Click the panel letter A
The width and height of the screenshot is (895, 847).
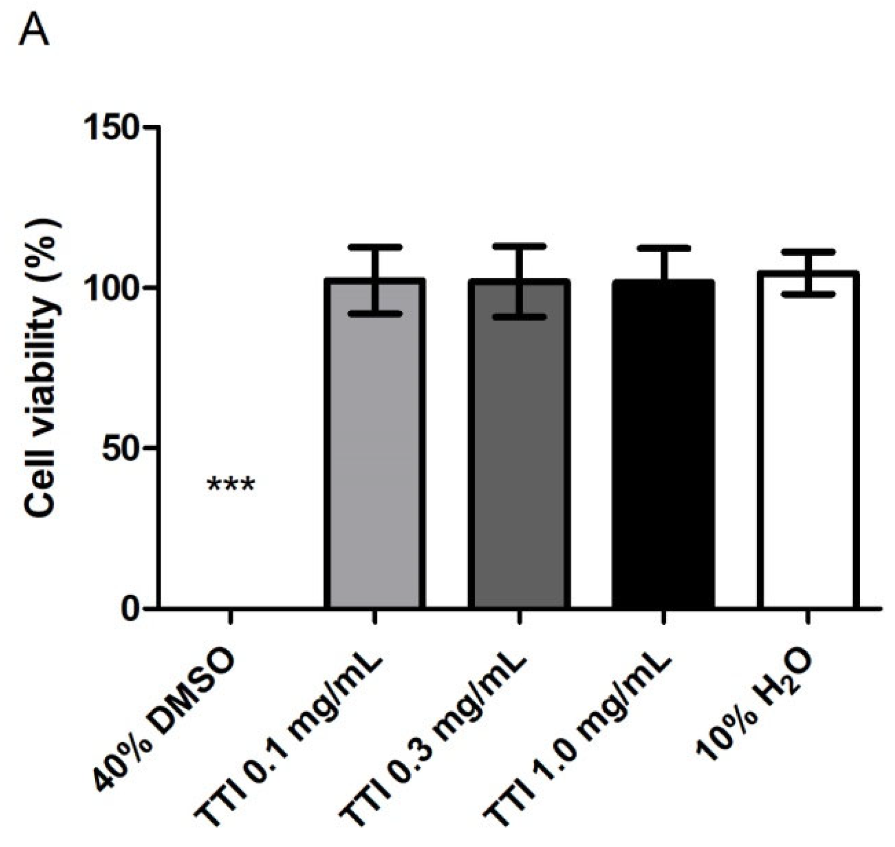pos(34,32)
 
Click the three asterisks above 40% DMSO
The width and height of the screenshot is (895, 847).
pos(231,486)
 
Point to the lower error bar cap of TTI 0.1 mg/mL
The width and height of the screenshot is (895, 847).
pos(375,314)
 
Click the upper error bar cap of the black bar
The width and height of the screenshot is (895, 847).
pos(664,248)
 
